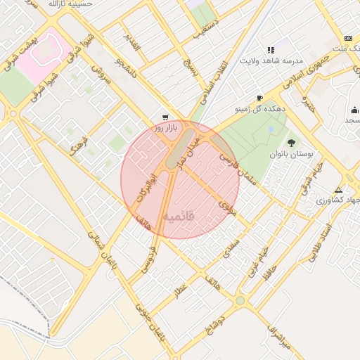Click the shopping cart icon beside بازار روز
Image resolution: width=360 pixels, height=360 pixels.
tap(165, 117)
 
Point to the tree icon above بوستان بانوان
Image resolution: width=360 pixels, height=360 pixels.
tap(291, 143)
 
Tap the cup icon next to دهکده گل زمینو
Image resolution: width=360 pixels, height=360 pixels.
tap(260, 98)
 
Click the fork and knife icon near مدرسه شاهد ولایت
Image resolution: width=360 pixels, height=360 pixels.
tap(271, 50)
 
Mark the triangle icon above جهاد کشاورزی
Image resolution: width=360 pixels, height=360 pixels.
tap(339, 190)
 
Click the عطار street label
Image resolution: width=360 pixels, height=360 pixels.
tap(181, 290)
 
